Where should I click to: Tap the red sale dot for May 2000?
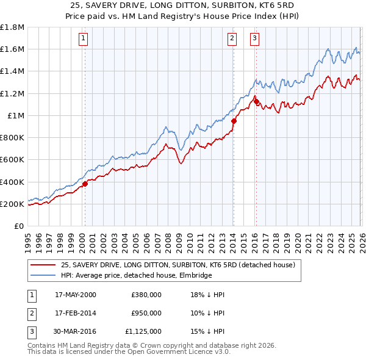(85, 184)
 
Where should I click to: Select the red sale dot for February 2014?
(234, 121)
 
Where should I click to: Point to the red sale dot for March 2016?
(256, 101)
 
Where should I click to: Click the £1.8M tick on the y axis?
(13, 27)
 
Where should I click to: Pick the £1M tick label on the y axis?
(16, 115)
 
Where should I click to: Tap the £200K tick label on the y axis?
(13, 204)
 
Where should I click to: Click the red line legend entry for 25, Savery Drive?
(178, 265)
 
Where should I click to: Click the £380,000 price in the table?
(146, 295)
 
